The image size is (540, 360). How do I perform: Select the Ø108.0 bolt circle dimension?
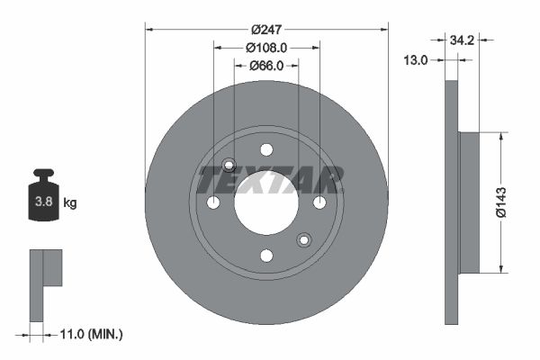coord(266,47)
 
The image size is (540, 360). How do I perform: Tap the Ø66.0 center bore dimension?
coord(266,65)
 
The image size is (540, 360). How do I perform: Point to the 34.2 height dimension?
coord(462,40)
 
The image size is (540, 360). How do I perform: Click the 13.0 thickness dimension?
coord(416,59)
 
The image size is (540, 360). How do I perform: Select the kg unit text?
coord(70,203)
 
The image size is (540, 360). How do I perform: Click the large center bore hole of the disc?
coord(266,202)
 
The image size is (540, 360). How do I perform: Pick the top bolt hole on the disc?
coord(266,149)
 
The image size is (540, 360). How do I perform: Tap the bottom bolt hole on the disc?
coord(266,256)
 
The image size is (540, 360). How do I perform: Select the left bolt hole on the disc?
coord(213,202)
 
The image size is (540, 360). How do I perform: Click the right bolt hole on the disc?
coord(319,202)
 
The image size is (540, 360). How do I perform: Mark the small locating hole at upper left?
coord(229,165)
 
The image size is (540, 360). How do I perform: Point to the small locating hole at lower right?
coord(304,239)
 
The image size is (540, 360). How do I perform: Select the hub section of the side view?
coord(469,202)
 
